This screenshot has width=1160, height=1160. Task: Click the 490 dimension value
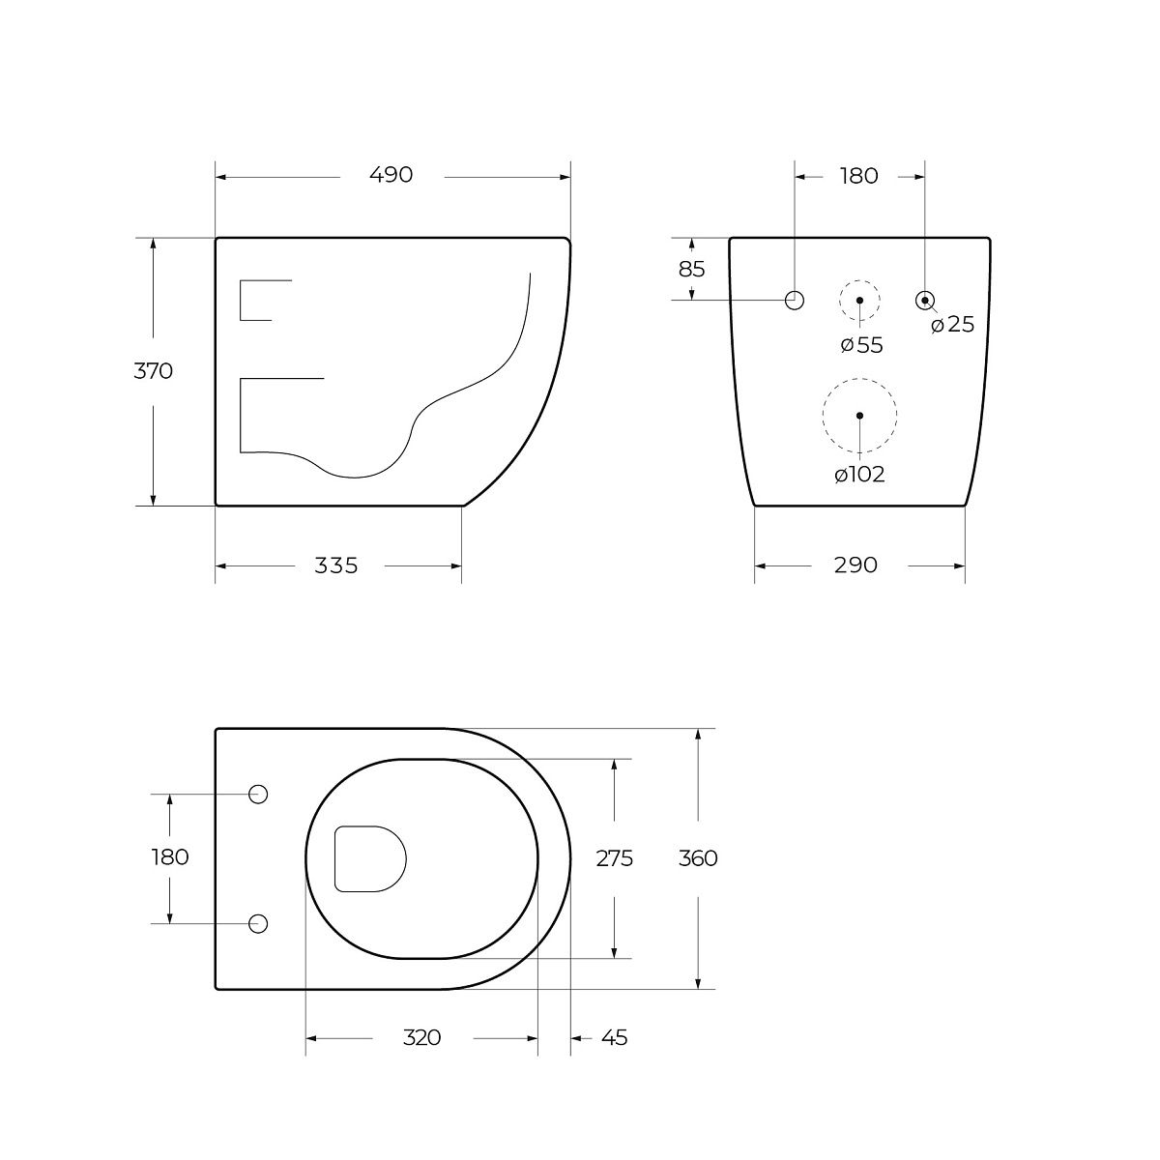[x=391, y=175]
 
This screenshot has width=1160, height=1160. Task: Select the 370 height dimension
[x=153, y=371]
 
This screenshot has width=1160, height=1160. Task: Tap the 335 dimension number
[x=335, y=565]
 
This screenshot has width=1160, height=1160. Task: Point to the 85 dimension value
[x=691, y=270]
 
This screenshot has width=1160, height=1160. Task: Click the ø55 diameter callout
[x=862, y=345]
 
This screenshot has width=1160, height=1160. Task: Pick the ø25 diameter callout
[x=952, y=325]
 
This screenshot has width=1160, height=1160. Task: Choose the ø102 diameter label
[x=859, y=475]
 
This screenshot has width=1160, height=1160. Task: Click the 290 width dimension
[x=855, y=565]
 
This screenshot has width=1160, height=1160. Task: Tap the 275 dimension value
[x=614, y=858]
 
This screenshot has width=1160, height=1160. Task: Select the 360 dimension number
[x=698, y=858]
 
